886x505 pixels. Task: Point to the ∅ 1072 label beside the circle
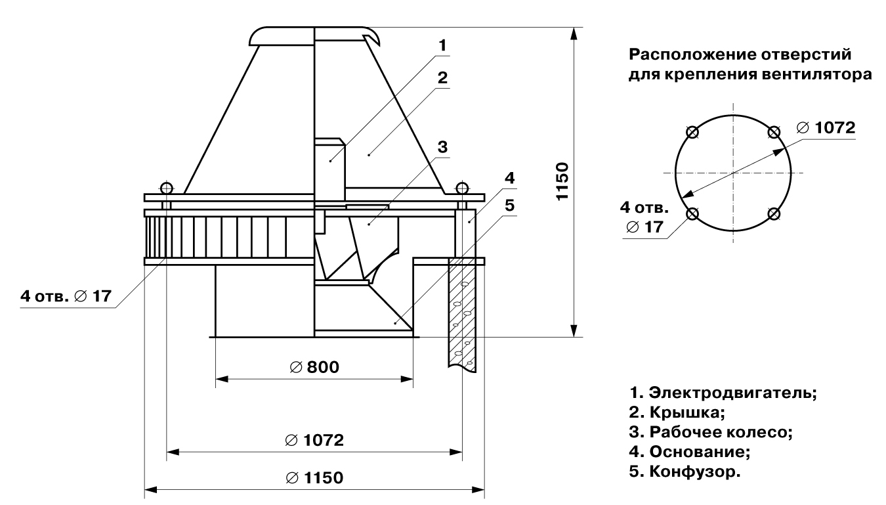[x=826, y=127]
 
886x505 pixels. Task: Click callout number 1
[x=443, y=45]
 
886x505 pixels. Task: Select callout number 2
[x=443, y=77]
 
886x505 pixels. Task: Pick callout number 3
[x=443, y=147]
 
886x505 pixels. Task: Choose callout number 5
[x=510, y=205]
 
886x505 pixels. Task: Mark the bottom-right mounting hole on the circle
[x=774, y=214]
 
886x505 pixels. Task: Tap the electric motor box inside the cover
[x=329, y=167]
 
